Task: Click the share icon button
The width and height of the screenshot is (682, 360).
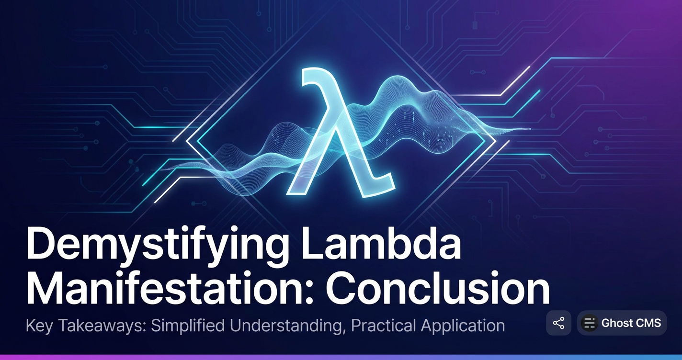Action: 558,323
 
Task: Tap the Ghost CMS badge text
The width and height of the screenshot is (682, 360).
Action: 631,323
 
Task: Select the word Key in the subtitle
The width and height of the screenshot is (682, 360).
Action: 39,326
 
